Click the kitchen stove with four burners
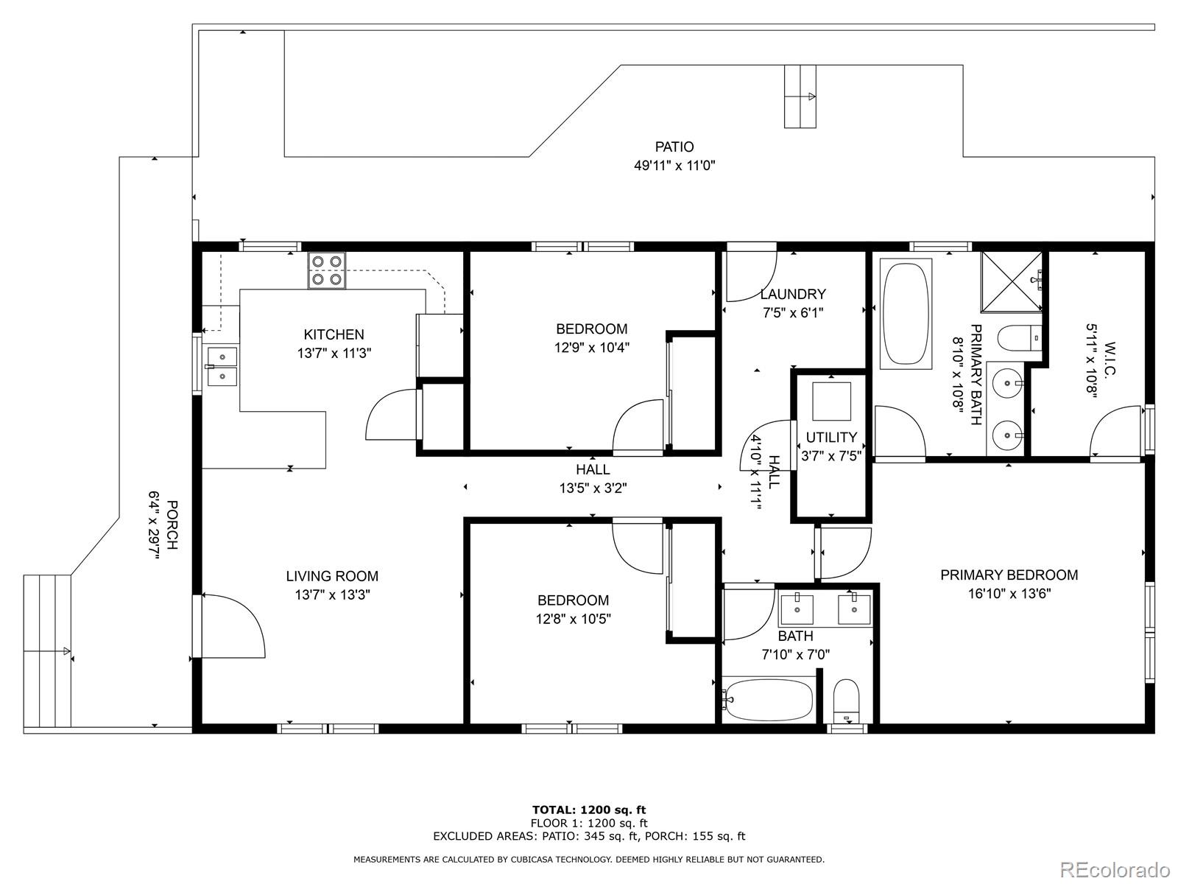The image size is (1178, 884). (x=326, y=270)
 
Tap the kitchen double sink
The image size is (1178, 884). (x=222, y=366)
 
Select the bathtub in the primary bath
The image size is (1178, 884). (x=906, y=314)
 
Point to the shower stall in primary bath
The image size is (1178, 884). (x=1011, y=281)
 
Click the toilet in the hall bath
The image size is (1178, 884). (x=847, y=702)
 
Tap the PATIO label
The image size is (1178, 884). (x=674, y=147)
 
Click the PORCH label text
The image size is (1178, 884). (x=172, y=525)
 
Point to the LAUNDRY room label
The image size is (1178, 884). (x=793, y=294)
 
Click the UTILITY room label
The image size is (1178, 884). (x=831, y=437)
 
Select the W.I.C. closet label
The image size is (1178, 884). (x=1110, y=360)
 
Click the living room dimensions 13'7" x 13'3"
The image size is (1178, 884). (x=332, y=594)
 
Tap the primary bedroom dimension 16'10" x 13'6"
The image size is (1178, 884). (x=1009, y=594)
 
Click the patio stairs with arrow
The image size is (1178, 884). (x=800, y=97)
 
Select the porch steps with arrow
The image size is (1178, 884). (x=47, y=652)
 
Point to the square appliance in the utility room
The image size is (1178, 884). (x=831, y=401)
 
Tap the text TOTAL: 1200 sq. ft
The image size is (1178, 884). (x=589, y=810)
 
